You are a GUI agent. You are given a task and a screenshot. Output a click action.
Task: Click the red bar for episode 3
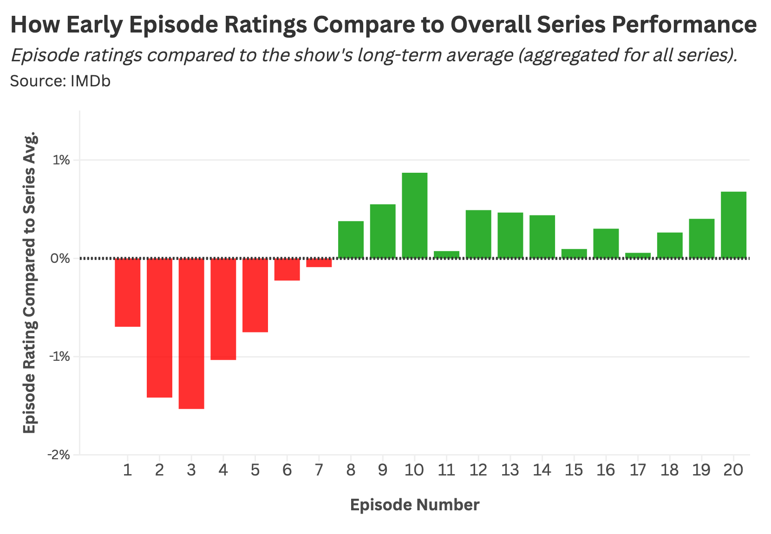[x=191, y=333]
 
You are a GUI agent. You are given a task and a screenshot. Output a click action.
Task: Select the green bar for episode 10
[x=414, y=215]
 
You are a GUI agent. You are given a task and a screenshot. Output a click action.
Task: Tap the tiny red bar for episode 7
[x=319, y=263]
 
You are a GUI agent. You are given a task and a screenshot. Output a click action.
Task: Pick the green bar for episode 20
[x=733, y=225]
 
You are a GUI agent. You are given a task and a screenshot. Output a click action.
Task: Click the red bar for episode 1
[x=128, y=293]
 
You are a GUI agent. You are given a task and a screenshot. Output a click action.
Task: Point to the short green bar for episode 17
[x=638, y=255]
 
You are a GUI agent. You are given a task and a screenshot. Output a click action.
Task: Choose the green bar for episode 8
[x=351, y=240]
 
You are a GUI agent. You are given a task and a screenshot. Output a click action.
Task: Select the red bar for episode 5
[x=255, y=295]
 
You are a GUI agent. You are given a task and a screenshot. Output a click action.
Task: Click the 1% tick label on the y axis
[x=61, y=161]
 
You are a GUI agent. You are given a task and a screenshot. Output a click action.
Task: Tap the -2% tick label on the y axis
[x=59, y=455]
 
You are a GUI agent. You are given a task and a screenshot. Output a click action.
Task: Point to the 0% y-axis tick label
[x=60, y=259]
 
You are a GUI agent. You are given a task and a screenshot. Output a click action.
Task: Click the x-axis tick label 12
[x=478, y=470]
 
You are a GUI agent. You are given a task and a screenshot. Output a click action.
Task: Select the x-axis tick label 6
[x=287, y=470]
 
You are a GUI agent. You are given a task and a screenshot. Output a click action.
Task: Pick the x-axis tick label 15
[x=574, y=470]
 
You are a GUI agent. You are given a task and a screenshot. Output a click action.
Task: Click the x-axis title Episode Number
[x=414, y=505]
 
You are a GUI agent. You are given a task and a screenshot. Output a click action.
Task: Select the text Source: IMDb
[x=60, y=81]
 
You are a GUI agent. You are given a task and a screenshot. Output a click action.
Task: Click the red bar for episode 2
[x=159, y=328]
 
